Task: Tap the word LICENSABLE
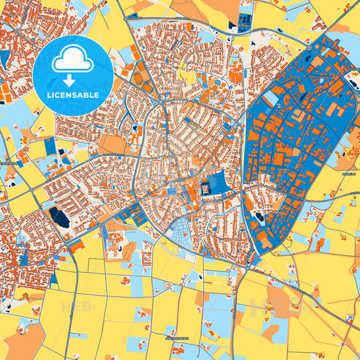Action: click(73, 95)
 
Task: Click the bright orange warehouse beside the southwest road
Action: click(78, 246)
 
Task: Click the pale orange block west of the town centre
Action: click(112, 145)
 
